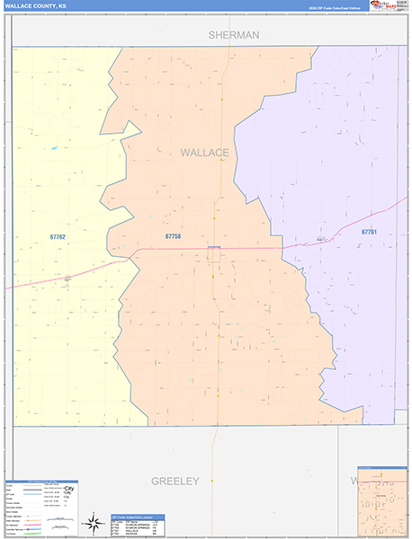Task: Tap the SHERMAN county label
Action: (x=233, y=35)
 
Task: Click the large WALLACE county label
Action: (x=204, y=153)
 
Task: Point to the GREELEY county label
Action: (x=175, y=482)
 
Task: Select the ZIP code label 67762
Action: (x=58, y=236)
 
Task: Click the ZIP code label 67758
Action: (x=174, y=236)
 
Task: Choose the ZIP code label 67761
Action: (x=369, y=232)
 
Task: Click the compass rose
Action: (x=94, y=522)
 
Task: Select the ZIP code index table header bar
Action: (x=138, y=517)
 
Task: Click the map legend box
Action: (x=41, y=508)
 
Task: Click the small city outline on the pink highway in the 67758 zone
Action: (x=214, y=253)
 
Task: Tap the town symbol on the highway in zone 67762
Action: (x=67, y=278)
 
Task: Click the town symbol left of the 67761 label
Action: (x=322, y=239)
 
